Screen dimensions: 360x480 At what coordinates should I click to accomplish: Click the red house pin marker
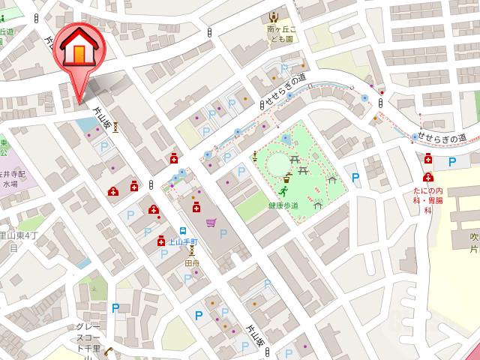coord(78,49)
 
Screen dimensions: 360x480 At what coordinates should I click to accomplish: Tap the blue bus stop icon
coord(182,231)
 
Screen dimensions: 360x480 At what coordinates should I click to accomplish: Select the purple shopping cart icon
coord(211,223)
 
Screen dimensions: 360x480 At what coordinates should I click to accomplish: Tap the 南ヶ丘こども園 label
coord(282,35)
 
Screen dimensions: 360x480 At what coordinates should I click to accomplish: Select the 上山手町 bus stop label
coord(181,242)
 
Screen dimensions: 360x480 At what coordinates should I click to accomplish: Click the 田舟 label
coord(191,264)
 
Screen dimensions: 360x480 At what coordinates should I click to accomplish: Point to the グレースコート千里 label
coord(88,337)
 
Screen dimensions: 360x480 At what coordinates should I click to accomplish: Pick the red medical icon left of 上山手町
coord(161,241)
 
